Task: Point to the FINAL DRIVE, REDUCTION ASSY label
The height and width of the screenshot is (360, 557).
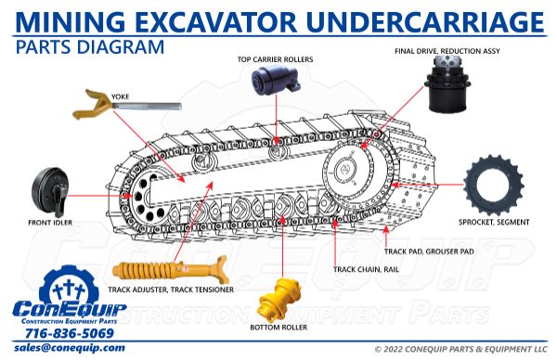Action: [447, 51]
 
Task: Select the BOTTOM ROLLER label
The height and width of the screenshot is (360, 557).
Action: [281, 328]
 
